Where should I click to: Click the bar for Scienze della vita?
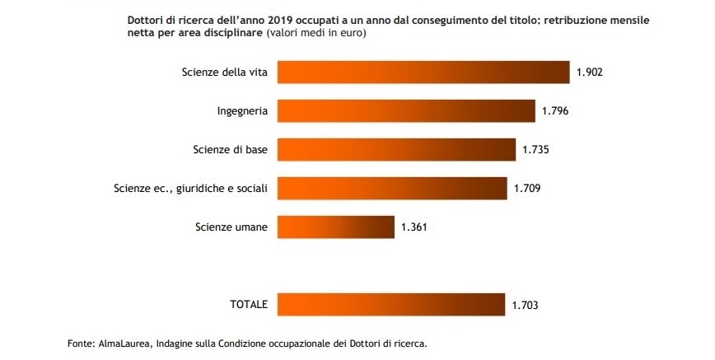coord(423,72)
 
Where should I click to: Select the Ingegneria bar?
coord(406,110)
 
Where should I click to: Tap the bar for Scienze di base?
coord(396,149)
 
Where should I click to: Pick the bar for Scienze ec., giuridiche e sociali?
coord(392,188)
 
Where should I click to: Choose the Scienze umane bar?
coord(336,227)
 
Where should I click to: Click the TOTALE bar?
coord(391,304)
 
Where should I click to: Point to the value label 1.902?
coord(590,72)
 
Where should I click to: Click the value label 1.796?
coord(555,110)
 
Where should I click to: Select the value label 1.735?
coord(535,149)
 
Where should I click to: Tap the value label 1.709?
coord(527,188)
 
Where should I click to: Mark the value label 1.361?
coord(414,227)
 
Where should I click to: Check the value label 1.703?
coord(525,305)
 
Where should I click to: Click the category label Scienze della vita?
coord(224,72)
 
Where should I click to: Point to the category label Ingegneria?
coord(242,110)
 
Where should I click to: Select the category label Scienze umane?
coord(231,227)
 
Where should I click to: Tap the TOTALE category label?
coord(248,305)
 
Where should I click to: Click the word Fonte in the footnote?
coord(82,343)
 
